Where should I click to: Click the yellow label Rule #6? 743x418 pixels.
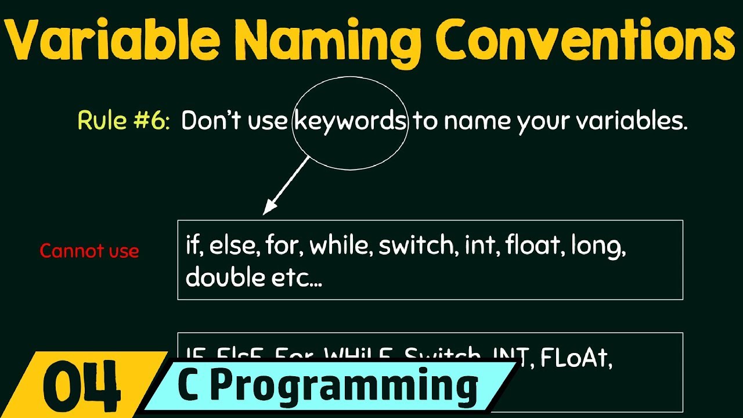coord(124,121)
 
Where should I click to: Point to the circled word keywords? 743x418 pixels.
coord(350,121)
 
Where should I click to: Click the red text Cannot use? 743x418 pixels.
coord(89,251)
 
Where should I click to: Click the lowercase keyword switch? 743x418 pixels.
coord(416,246)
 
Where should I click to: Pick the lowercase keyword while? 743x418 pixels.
coord(341,246)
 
